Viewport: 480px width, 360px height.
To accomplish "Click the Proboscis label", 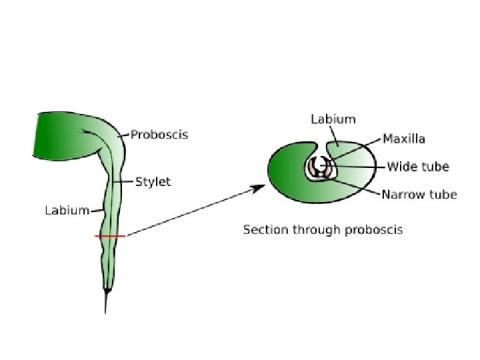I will (159, 135).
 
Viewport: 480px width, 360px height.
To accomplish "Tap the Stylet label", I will (153, 181).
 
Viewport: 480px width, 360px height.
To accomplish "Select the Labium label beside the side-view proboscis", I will (67, 211).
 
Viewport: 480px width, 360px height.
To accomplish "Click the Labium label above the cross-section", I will (333, 120).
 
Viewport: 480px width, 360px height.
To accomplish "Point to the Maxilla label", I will (404, 139).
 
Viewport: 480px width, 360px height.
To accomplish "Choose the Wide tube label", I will (418, 167).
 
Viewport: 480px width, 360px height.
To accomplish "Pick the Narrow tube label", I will (419, 195).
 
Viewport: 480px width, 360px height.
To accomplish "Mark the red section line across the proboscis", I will (109, 236).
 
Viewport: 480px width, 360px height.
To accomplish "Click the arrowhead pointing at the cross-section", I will (257, 189).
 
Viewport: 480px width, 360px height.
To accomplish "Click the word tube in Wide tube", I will (437, 167).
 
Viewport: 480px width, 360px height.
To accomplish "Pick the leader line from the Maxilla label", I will (357, 149).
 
